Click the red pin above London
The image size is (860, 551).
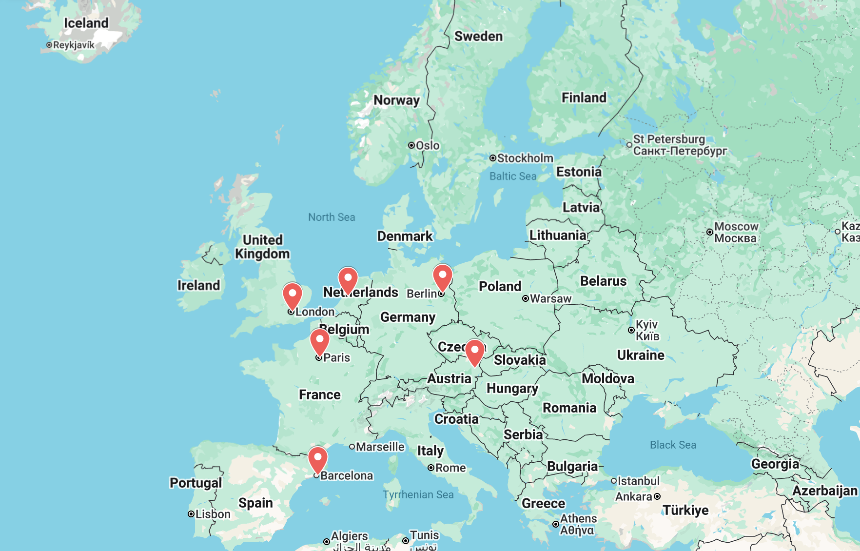coord(293,295)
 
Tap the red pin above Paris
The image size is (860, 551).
coord(320,340)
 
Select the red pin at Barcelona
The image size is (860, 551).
coord(318,458)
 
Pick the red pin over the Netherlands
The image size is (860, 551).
coord(348,278)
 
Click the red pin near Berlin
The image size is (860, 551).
coord(443,276)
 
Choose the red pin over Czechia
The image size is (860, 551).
coord(474,351)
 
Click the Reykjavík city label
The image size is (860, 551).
coord(74,45)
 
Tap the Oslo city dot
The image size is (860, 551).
coord(411,145)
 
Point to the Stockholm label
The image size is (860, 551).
coord(525,158)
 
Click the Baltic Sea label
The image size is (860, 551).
coord(513,176)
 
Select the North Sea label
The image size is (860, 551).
coord(332,217)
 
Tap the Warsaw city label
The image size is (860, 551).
coord(550,298)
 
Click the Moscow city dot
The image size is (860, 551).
coord(710,232)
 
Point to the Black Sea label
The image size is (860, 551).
coord(673,445)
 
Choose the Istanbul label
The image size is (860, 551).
coord(638,481)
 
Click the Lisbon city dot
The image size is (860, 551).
coord(191,514)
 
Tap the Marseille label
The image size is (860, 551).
coord(380,447)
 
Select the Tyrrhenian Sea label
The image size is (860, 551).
coord(418,494)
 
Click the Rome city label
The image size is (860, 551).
coord(450,468)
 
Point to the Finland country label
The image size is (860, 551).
coord(584,98)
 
